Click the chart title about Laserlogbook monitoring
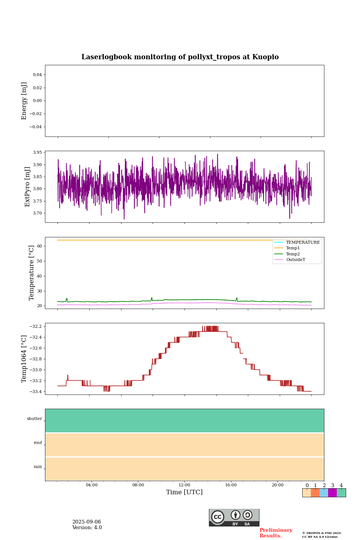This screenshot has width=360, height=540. (x=180, y=57)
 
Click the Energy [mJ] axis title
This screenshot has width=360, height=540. (x=24, y=101)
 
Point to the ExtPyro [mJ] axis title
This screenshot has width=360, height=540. (x=27, y=187)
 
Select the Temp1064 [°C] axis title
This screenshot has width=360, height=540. (x=24, y=359)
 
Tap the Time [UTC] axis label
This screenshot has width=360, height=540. (x=184, y=492)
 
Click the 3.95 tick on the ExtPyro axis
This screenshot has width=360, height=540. (x=37, y=153)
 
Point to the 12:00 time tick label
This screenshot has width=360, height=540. (x=184, y=485)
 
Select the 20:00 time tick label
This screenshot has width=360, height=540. (x=277, y=485)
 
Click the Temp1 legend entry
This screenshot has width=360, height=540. (x=293, y=248)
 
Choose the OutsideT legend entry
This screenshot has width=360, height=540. (x=295, y=260)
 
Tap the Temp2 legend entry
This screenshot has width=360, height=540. (x=293, y=254)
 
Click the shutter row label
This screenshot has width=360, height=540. (x=34, y=419)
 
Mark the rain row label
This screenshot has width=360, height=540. (x=38, y=467)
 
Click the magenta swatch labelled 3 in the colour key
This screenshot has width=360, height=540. (x=332, y=493)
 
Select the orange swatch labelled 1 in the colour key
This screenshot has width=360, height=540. (x=315, y=493)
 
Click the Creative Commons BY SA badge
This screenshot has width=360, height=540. (x=234, y=517)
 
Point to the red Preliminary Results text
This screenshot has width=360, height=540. (x=276, y=533)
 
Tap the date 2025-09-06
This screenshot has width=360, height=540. (x=87, y=522)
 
